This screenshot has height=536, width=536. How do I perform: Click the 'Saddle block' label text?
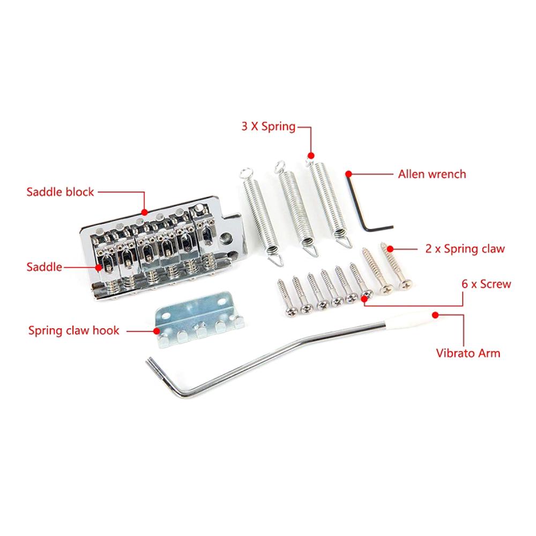point(61,192)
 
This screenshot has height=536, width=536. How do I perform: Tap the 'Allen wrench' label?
point(431,174)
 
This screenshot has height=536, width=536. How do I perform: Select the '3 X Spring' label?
point(268,127)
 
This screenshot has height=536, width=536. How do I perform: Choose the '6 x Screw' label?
point(487,284)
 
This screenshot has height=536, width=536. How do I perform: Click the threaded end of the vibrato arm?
point(153,367)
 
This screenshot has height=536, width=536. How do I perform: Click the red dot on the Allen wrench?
point(348,174)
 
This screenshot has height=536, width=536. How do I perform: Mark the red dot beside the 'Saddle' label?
point(100,266)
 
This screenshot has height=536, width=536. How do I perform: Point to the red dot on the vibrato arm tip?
point(435,315)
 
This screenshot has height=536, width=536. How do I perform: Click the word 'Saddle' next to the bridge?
point(44,266)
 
